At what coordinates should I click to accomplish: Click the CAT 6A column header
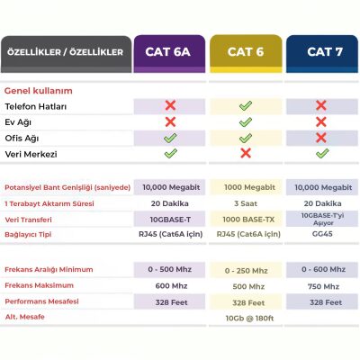pos(170,52)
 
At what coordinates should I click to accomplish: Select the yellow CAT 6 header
pos(246,52)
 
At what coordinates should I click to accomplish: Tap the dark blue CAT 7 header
pos(321,52)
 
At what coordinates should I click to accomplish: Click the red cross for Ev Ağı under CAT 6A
pos(170,122)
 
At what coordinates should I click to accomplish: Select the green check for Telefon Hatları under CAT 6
pos(246,106)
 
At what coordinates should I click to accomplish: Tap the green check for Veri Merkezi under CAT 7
pos(321,154)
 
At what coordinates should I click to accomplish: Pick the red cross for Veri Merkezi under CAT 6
pos(246,154)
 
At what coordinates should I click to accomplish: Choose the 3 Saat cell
pos(246,203)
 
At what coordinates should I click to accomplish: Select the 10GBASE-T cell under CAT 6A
pos(170,220)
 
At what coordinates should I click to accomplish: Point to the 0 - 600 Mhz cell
pos(321,269)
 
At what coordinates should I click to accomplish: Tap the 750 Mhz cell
pos(321,285)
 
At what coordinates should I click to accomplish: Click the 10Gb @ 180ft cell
pos(246,318)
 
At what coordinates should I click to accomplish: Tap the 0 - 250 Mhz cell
pos(246,270)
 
